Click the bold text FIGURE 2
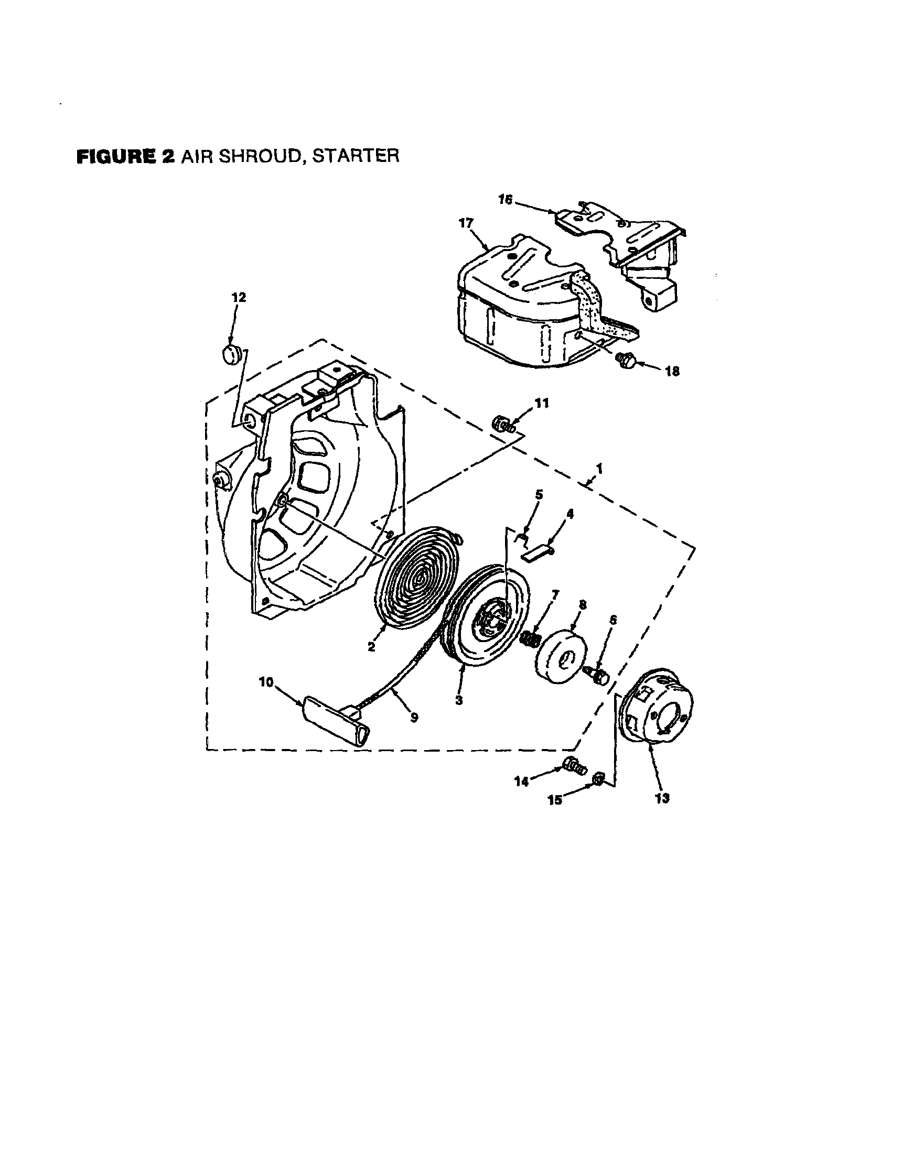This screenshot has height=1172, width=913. [x=126, y=156]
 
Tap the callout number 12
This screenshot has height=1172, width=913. [x=239, y=297]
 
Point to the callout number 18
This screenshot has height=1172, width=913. [x=672, y=371]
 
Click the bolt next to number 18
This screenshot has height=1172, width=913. [x=626, y=359]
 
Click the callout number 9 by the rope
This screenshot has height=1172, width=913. [x=414, y=717]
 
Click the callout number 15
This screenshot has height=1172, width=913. [x=554, y=800]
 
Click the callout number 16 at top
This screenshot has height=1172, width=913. [x=506, y=200]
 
